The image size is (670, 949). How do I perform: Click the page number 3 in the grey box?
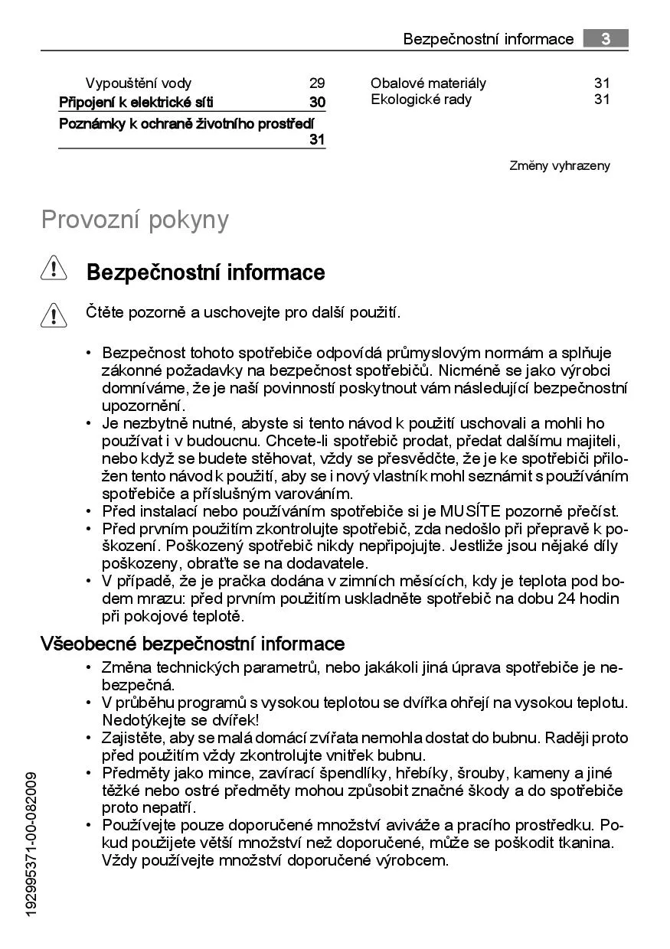point(605,38)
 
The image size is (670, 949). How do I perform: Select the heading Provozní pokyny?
point(135,220)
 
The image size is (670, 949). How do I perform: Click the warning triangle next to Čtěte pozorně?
point(54,315)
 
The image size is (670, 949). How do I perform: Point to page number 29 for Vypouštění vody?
point(317,83)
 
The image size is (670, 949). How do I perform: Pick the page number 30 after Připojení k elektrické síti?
point(317,103)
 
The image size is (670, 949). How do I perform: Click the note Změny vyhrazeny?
point(560,166)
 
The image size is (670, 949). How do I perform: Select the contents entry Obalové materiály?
point(428,83)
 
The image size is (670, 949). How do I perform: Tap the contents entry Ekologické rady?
point(421,99)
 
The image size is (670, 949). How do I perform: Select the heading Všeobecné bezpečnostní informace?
point(192,644)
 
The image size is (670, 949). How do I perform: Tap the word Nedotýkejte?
point(141,720)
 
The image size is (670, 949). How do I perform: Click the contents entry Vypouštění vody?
point(139,83)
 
